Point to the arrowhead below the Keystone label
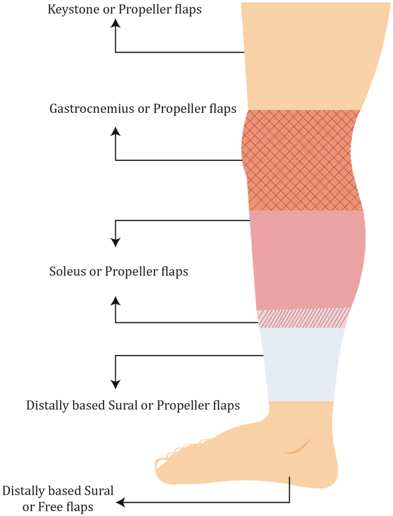coord(116,22)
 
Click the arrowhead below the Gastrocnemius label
coord(116,131)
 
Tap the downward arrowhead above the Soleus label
coord(116,242)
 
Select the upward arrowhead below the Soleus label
coord(116,300)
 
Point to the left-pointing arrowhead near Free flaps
coord(121,503)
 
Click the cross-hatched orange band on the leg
coord(302,160)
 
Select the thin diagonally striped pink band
coord(303,318)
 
